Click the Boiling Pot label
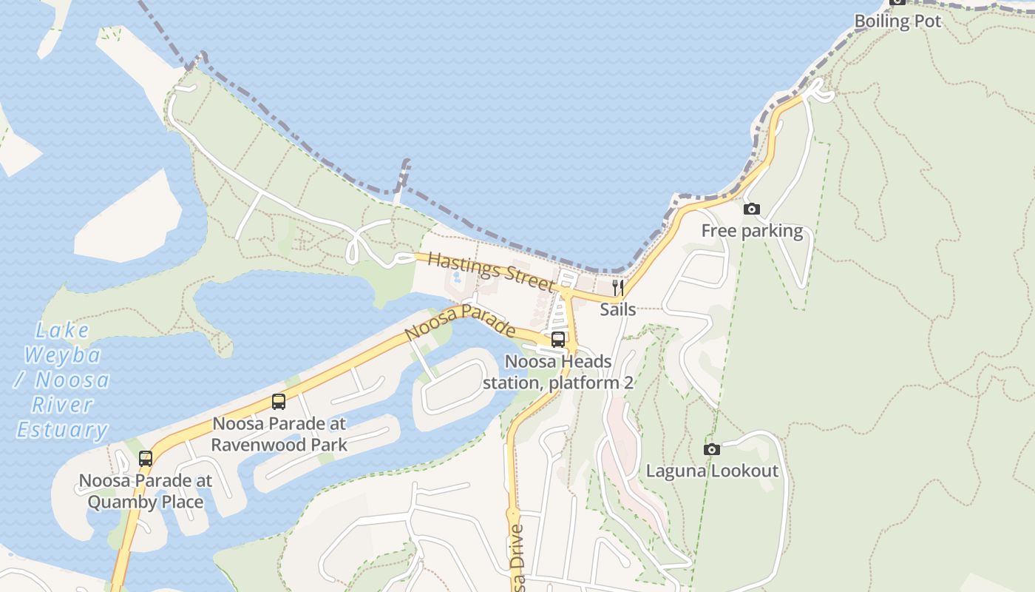[897, 21]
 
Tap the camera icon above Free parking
[751, 209]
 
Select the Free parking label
[752, 231]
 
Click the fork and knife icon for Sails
[618, 287]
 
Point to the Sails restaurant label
[617, 309]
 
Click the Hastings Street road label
[490, 270]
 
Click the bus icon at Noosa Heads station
[558, 340]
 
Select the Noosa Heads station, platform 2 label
[558, 372]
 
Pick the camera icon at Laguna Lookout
[712, 449]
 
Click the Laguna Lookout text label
[712, 471]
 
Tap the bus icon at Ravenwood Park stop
[279, 402]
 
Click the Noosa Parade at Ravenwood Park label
[279, 434]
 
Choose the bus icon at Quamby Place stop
[146, 458]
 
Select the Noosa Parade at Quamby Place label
[146, 491]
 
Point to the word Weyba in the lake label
[62, 354]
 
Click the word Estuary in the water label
[62, 429]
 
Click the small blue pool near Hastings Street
[456, 278]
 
